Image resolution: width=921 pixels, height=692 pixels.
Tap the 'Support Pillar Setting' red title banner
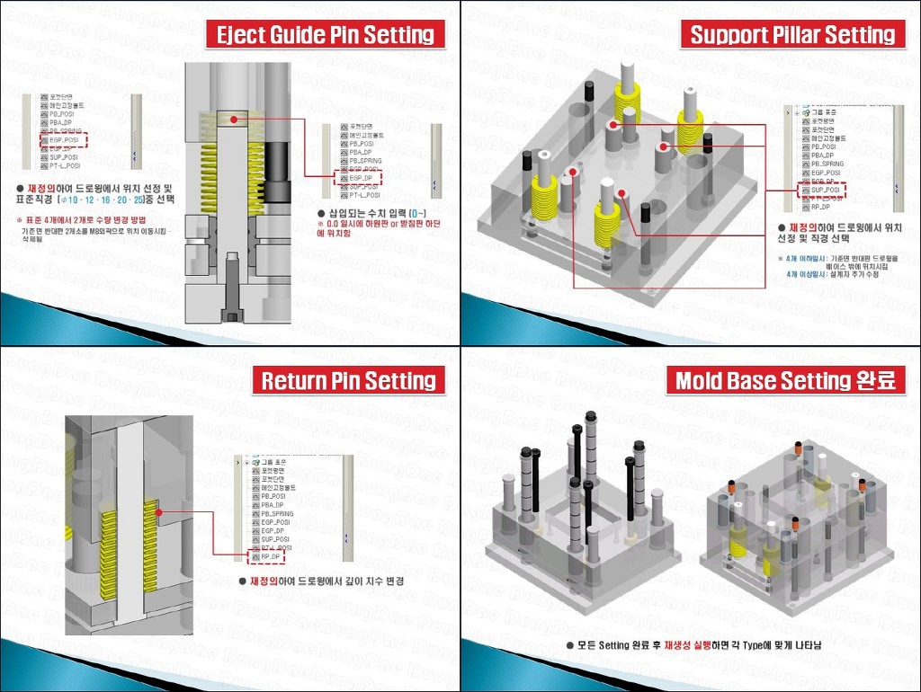pyautogui.click(x=791, y=35)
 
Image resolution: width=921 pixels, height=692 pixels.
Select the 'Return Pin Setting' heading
pyautogui.click(x=348, y=381)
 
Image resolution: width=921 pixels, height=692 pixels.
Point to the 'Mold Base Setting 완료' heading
pyautogui.click(x=789, y=381)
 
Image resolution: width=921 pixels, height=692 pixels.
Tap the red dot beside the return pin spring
pyautogui.click(x=158, y=513)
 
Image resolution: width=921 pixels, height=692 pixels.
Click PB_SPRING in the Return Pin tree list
pyautogui.click(x=276, y=513)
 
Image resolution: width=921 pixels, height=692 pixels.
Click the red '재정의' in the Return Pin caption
pyautogui.click(x=265, y=581)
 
